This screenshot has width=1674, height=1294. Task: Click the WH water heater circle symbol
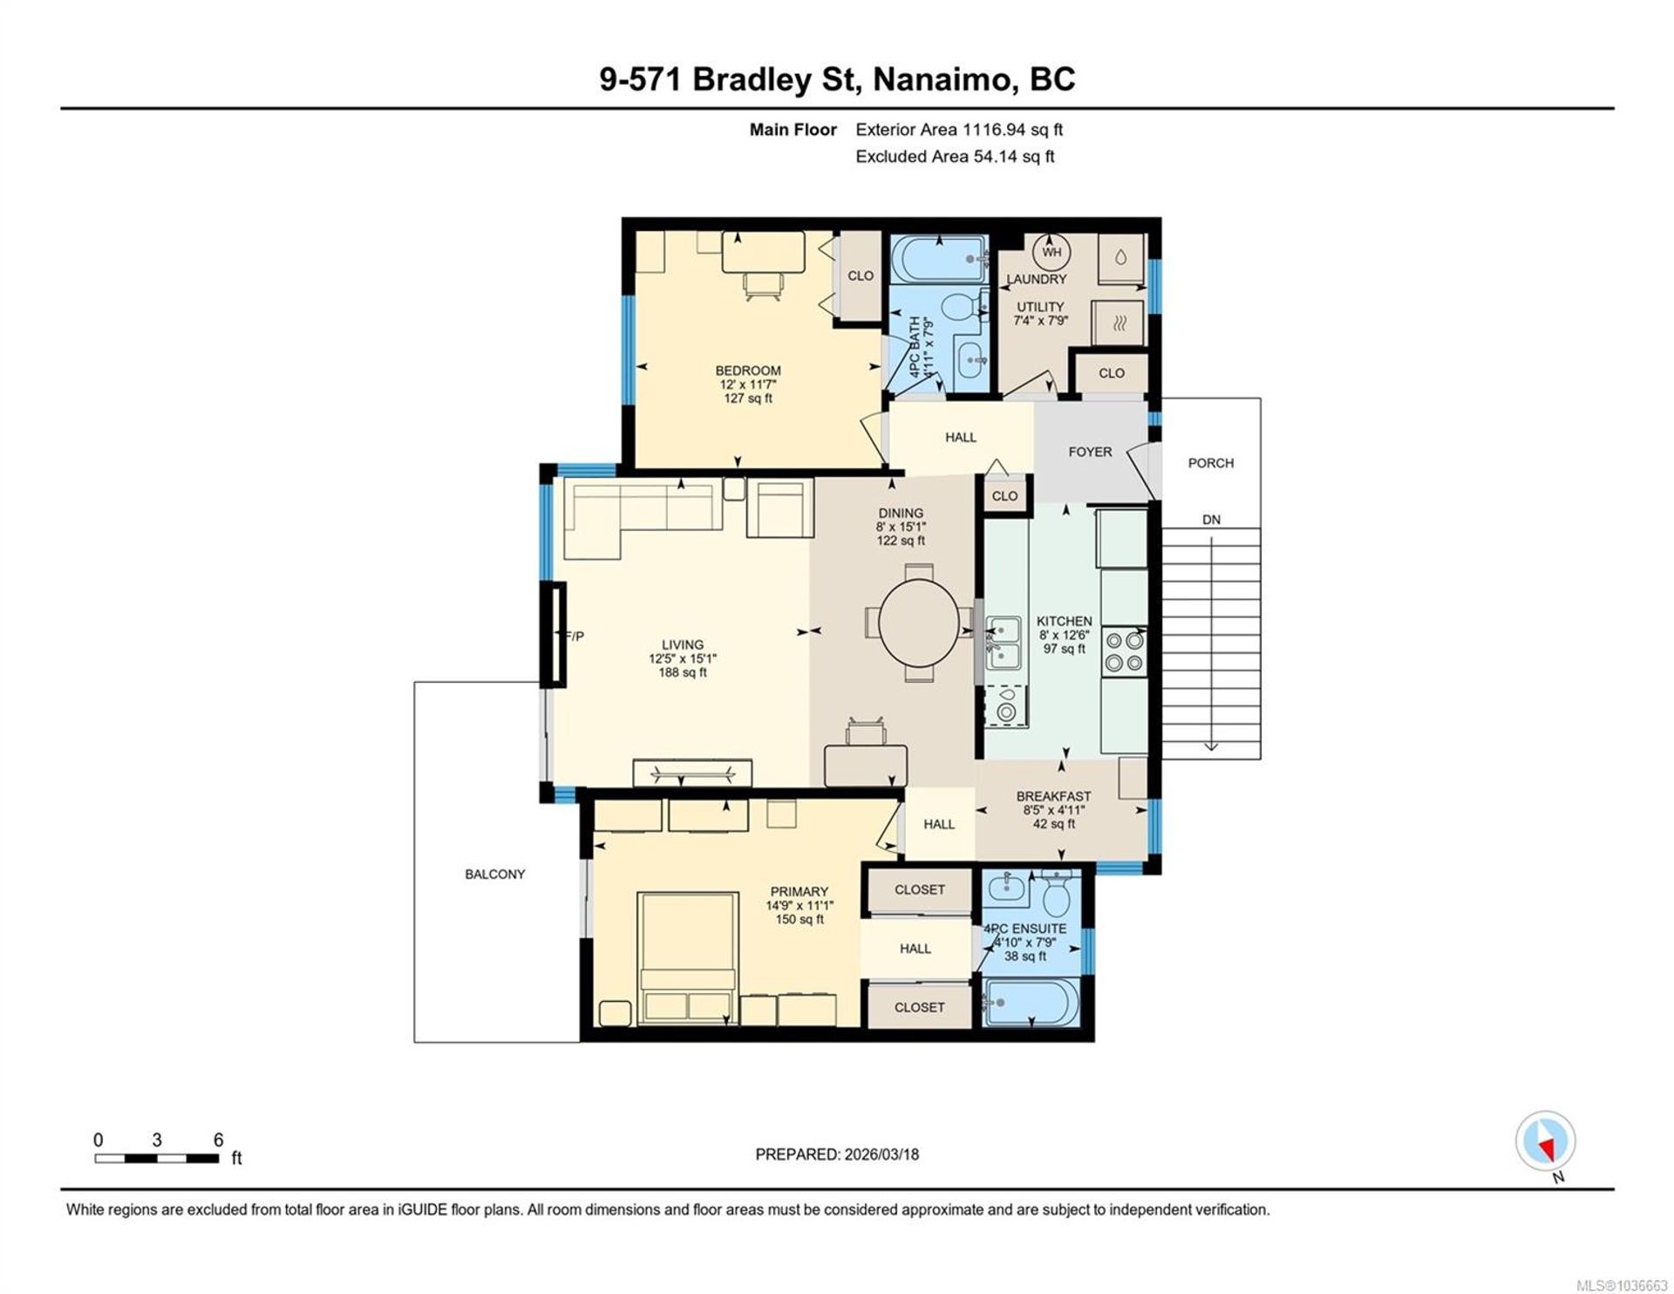[1051, 252]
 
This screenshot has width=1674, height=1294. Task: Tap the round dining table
[919, 623]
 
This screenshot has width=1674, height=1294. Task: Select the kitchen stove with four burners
[1124, 651]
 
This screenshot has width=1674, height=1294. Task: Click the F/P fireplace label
[575, 637]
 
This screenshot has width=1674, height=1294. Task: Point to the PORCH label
[1210, 463]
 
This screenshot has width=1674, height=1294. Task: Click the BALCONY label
[494, 874]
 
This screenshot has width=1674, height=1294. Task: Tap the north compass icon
[1546, 1142]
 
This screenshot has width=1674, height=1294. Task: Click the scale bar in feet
[157, 1158]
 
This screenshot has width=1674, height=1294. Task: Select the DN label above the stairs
[1211, 520]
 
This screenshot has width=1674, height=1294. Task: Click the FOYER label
[1090, 452]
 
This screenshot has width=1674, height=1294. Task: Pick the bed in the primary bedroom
[688, 957]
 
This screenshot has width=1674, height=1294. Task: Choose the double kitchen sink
[1004, 642]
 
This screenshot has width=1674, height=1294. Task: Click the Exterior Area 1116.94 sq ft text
[959, 130]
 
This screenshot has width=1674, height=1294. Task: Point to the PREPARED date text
[837, 1154]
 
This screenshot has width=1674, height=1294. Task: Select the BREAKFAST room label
[1053, 796]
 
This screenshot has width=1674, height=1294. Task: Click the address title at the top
[837, 79]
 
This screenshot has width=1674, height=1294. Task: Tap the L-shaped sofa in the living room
[643, 516]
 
